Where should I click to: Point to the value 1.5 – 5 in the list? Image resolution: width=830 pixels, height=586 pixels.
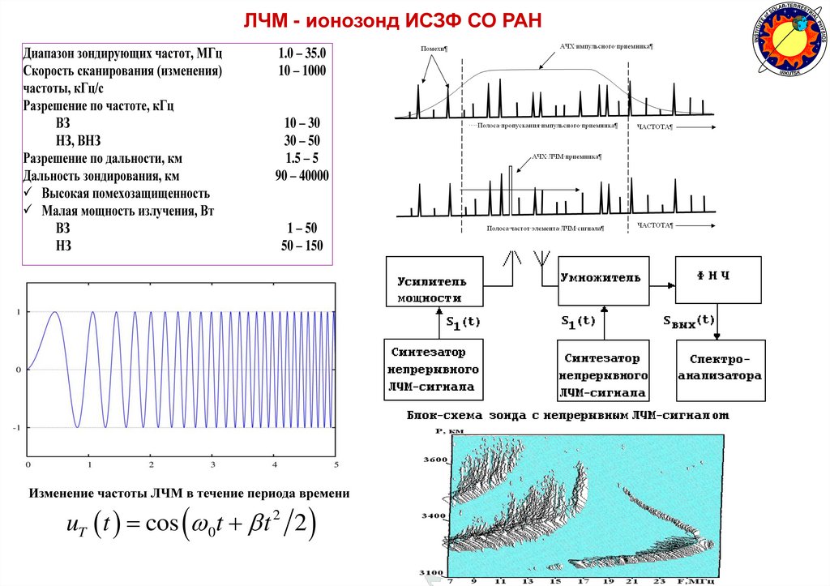point(302,158)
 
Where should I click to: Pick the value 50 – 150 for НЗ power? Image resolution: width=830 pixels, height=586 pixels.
point(302,246)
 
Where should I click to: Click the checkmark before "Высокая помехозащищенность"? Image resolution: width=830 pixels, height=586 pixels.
point(29,194)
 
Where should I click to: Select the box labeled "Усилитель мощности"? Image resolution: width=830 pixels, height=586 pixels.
point(433,287)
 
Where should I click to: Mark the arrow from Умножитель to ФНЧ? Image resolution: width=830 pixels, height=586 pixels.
point(661,284)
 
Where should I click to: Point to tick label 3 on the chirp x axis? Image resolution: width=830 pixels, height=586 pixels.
point(212,464)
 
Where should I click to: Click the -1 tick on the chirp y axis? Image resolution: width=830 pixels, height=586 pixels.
point(16,427)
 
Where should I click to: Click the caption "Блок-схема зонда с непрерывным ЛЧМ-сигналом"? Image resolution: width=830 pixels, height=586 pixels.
point(567,415)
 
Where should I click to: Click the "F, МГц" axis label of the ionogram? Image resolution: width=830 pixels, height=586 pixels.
point(697,580)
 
